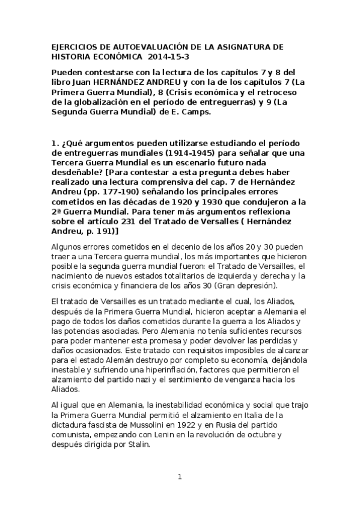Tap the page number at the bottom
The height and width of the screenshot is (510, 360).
[x=179, y=478]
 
